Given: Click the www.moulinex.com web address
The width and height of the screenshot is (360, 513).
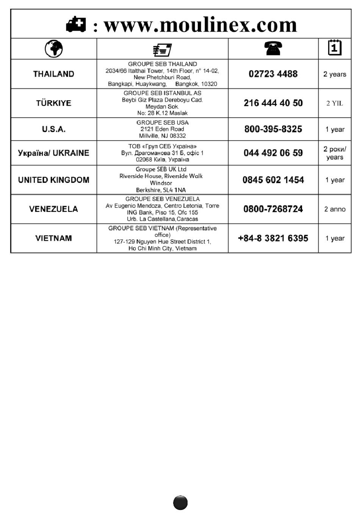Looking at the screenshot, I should click(x=200, y=25).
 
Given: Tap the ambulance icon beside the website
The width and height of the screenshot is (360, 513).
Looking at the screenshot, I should click(x=76, y=25).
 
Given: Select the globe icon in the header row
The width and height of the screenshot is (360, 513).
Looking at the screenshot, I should click(x=54, y=49).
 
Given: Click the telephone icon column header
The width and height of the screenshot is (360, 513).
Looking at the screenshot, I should click(x=273, y=49).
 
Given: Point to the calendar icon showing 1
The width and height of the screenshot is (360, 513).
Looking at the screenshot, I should click(x=334, y=48).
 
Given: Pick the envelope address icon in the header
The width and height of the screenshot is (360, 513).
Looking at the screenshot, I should click(x=162, y=49).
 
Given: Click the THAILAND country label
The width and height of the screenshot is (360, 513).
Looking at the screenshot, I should click(x=53, y=74).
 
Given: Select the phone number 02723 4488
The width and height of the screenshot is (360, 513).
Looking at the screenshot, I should click(x=273, y=74).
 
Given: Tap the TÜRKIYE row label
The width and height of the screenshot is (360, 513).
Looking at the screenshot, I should click(x=53, y=103).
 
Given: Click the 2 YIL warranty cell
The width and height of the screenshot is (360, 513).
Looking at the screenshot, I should click(x=335, y=103).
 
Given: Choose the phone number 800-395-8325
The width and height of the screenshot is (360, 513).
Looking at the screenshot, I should click(x=273, y=129).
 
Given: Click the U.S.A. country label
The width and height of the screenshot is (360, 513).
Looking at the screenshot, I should click(x=53, y=129).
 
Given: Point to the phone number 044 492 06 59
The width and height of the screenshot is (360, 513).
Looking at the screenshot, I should click(x=273, y=153).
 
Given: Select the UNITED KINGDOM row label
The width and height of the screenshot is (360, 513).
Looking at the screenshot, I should click(x=53, y=180).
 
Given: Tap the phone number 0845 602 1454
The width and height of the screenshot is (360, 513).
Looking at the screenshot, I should click(x=273, y=180).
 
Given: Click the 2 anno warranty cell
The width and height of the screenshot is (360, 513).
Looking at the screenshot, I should click(x=335, y=209).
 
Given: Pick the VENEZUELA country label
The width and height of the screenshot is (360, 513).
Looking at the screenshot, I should click(x=53, y=209).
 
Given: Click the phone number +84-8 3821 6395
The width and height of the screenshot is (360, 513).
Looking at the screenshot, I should click(x=273, y=238).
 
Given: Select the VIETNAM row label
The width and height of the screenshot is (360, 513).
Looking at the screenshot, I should click(x=53, y=238).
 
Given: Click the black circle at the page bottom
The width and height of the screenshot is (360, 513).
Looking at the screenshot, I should click(x=180, y=503).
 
